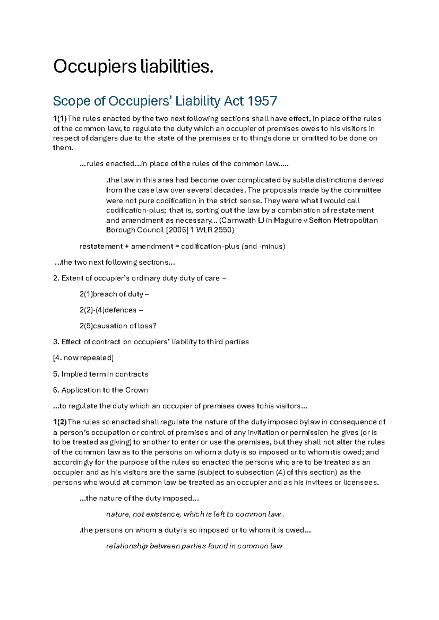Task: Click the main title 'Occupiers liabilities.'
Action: pos(133,67)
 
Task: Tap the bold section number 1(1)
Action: pos(60,119)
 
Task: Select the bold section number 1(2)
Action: pos(60,422)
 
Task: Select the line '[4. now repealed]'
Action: pos(83,358)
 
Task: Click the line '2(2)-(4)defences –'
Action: pos(111,310)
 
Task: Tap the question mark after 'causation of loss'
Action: pos(154,326)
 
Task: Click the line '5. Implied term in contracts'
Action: pos(101,374)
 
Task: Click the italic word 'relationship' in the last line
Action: pos(127,547)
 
